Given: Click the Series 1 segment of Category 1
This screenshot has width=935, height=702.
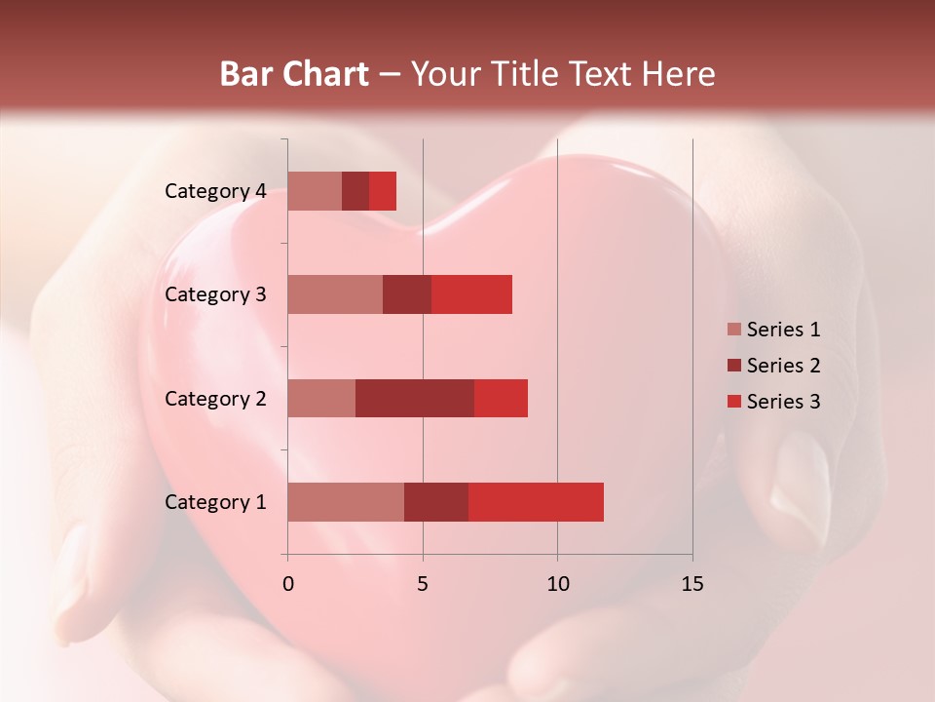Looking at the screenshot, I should point(346,501).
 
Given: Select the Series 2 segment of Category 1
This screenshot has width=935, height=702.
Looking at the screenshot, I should point(436,501).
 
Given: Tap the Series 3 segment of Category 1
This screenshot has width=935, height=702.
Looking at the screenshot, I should point(536,501).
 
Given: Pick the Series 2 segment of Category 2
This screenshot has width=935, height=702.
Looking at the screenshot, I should point(415,398).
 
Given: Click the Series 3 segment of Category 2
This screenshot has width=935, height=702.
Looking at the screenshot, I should point(501,398).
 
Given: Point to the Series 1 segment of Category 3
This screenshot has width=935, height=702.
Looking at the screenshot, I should point(335,294).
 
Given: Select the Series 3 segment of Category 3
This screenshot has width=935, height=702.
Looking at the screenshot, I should point(471,294).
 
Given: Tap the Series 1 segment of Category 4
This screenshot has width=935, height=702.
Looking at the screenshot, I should point(315,191).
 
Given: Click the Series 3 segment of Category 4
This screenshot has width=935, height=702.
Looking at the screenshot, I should point(383,191).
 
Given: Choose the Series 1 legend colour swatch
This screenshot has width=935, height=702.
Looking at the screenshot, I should point(733,330).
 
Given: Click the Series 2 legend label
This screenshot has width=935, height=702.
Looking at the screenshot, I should point(783,366).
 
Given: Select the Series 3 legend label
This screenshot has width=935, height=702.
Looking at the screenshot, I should point(783,402).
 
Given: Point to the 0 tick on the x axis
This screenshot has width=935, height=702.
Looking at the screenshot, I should point(287,584).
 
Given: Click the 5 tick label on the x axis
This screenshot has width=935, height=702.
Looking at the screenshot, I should point(423,584).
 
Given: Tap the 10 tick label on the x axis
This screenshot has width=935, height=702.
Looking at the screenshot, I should point(557,584).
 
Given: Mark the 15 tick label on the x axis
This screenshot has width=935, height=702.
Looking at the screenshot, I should point(692,584).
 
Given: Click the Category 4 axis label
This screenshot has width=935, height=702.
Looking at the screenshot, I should point(215,191).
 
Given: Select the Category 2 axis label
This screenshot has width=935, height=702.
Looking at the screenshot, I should point(215,398).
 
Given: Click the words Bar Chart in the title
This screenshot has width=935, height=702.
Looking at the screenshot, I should point(294,73).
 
